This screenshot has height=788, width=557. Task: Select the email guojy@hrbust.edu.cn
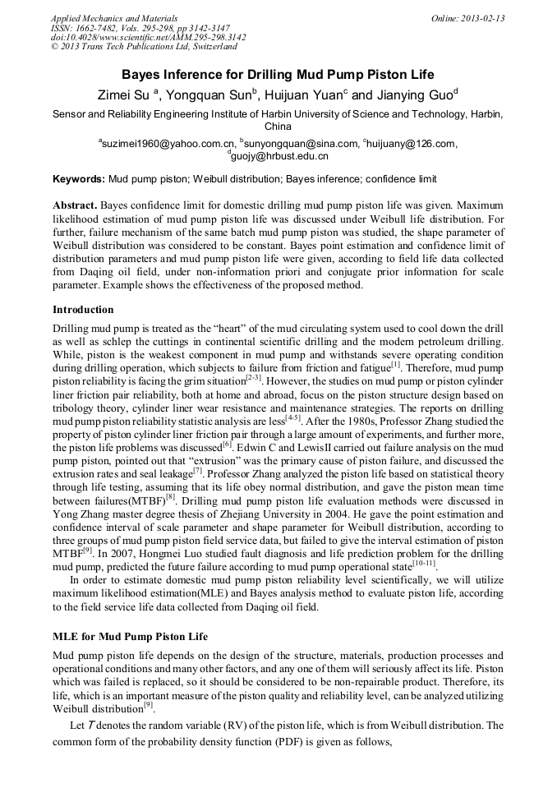click(x=279, y=155)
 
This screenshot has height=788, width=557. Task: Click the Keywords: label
click(x=79, y=178)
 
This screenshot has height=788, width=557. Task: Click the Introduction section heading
click(x=83, y=310)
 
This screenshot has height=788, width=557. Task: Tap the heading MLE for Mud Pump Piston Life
click(x=130, y=637)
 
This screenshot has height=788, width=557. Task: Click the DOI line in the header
click(x=148, y=38)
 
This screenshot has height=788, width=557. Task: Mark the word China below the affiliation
click(x=278, y=127)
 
